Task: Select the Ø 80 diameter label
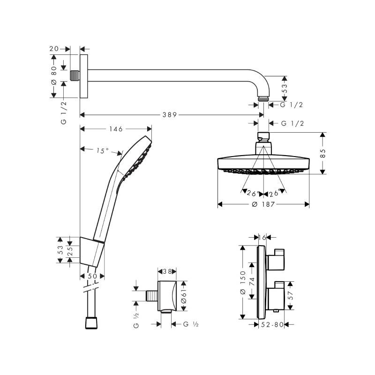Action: coord(53,75)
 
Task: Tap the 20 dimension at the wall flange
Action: coord(54,48)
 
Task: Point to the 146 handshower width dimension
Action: coord(116,128)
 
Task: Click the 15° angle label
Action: coord(103,150)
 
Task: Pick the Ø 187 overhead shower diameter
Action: coord(263,204)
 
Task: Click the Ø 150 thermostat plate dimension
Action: coord(243,282)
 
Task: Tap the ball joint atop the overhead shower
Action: coord(263,137)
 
